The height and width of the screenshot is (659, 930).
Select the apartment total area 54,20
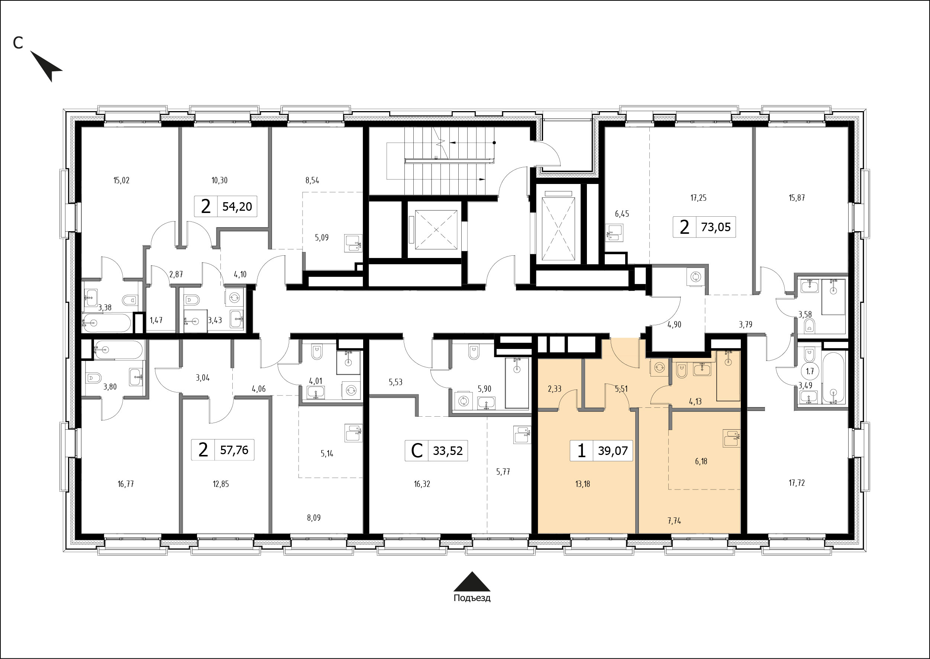238,207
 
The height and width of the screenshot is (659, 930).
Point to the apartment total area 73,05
716,227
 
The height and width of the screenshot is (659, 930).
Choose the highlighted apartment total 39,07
613,450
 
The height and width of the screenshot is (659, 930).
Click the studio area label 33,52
448,450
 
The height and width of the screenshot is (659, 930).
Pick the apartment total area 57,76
234,450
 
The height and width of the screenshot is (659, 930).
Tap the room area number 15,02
121,180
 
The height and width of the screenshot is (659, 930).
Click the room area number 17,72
797,483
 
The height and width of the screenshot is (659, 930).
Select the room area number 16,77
126,484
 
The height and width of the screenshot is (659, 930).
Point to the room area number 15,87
797,198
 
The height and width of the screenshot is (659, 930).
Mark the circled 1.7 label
810,371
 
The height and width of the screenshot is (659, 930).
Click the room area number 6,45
621,214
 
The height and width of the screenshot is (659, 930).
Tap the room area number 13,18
583,484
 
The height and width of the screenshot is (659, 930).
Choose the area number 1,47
156,320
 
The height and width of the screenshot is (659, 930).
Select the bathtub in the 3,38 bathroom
107,323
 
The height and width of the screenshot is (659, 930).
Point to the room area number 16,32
422,484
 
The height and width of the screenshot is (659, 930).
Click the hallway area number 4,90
674,324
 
